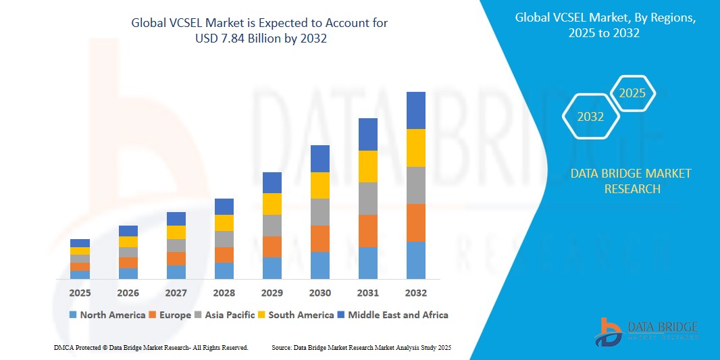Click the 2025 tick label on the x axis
pyautogui.click(x=80, y=293)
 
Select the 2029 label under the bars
pyautogui.click(x=272, y=293)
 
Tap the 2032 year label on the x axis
pyautogui.click(x=415, y=293)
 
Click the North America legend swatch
pyautogui.click(x=73, y=315)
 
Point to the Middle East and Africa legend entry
pyautogui.click(x=392, y=315)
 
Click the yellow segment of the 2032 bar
pyautogui.click(x=415, y=147)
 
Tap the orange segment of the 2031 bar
pyautogui.click(x=367, y=230)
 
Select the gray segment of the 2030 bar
pyautogui.click(x=319, y=211)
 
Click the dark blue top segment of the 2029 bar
pyautogui.click(x=272, y=182)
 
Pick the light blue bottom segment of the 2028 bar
pyautogui.click(x=224, y=270)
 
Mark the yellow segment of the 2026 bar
pyautogui.click(x=128, y=241)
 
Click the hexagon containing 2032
pyautogui.click(x=591, y=117)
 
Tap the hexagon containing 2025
pyautogui.click(x=633, y=93)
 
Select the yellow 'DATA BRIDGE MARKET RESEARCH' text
pyautogui.click(x=631, y=181)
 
